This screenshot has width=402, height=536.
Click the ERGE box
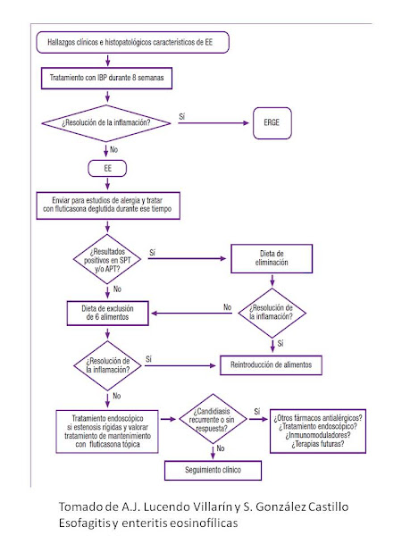272,123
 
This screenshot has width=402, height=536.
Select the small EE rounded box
107,168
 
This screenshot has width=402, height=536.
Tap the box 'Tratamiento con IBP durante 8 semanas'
106,79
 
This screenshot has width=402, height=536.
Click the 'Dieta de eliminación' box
272,258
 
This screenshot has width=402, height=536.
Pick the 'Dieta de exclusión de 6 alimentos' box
108,313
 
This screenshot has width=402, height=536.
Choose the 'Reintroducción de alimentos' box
271,365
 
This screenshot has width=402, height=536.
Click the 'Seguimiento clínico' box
213,471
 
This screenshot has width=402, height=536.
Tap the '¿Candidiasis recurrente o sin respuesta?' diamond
213,419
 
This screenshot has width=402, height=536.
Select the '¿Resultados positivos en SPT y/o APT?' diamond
107,259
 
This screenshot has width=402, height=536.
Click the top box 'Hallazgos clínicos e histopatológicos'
132,42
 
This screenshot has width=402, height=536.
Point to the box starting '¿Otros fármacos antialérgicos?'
318,431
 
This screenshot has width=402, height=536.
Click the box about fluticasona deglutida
108,205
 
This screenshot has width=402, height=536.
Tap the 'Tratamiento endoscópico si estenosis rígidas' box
107,431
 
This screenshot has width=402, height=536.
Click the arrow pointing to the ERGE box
214,123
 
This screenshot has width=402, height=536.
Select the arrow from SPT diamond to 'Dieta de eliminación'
187,259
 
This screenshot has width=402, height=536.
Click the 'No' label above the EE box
113,149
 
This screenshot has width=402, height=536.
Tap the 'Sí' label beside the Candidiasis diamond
257,411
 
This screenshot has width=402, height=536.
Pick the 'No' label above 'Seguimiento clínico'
221,448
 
